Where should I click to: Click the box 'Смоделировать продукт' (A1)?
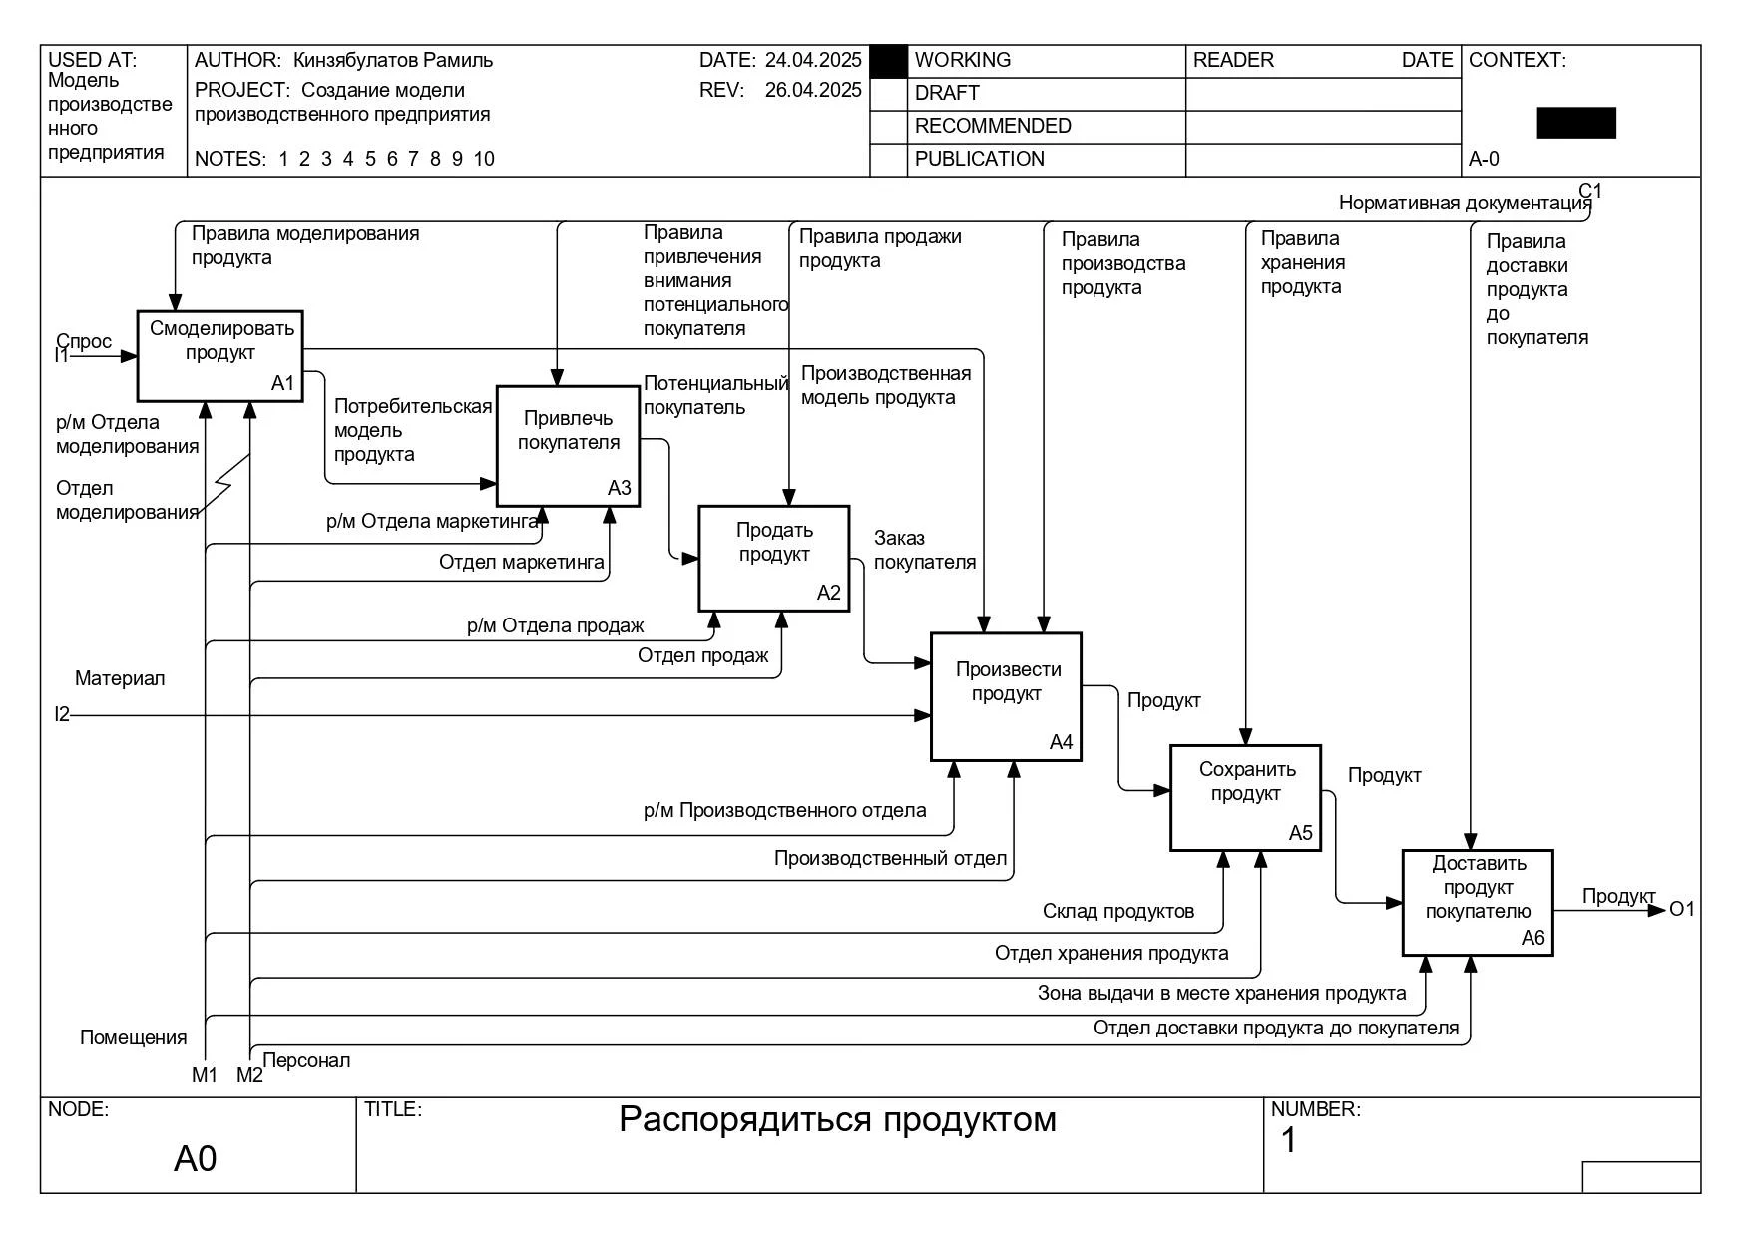pyautogui.click(x=220, y=356)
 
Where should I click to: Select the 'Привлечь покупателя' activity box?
pyautogui.click(x=569, y=446)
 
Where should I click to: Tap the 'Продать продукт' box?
pyautogui.click(x=774, y=559)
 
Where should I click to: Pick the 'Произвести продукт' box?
pyautogui.click(x=1006, y=697)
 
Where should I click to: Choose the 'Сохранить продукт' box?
pyautogui.click(x=1246, y=798)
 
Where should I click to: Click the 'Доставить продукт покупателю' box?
pyautogui.click(x=1478, y=903)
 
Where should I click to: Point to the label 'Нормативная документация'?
pyautogui.click(x=1465, y=204)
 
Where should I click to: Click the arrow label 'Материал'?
pyautogui.click(x=120, y=678)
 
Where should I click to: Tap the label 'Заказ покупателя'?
pyautogui.click(x=925, y=550)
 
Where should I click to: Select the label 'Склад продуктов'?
pyautogui.click(x=1118, y=911)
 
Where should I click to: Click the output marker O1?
pyautogui.click(x=1682, y=909)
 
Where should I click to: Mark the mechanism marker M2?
pyautogui.click(x=249, y=1075)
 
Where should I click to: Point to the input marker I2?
pyautogui.click(x=62, y=714)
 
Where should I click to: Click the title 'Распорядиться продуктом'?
pyautogui.click(x=837, y=1119)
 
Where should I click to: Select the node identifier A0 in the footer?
pyautogui.click(x=195, y=1158)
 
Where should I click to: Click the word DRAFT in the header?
pyautogui.click(x=947, y=93)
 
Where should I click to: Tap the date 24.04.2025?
pyautogui.click(x=813, y=60)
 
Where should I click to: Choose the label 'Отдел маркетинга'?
pyautogui.click(x=522, y=562)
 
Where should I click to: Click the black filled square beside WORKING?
pyautogui.click(x=888, y=62)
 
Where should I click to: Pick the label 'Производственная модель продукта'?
pyautogui.click(x=886, y=385)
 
